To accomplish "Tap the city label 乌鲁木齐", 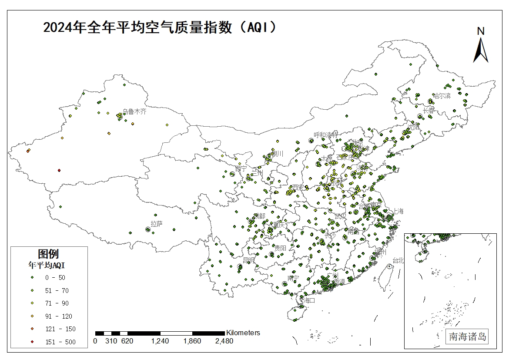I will tap(134, 111).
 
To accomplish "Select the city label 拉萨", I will tap(157, 224).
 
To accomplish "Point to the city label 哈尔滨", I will tap(442, 95).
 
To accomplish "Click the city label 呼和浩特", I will tap(326, 135).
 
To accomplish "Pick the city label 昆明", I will tap(248, 260).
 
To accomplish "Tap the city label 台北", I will tap(398, 260).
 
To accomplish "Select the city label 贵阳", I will tap(280, 247).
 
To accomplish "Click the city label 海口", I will tap(309, 300).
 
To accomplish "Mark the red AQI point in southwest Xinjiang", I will tap(59, 170).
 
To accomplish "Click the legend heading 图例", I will tap(48, 253).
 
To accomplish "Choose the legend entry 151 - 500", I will tap(60, 342).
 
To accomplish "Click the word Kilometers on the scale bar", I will tap(243, 333).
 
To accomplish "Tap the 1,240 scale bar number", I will tap(160, 341).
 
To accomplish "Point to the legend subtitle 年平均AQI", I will tap(47, 265).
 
